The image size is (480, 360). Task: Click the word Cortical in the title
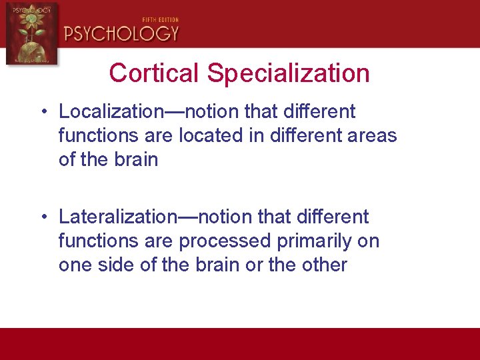[155, 73]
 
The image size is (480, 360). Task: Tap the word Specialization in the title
[289, 73]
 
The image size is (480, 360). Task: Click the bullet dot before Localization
[42, 111]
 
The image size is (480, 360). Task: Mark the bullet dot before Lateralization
[42, 217]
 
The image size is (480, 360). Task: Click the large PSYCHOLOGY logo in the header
[121, 33]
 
